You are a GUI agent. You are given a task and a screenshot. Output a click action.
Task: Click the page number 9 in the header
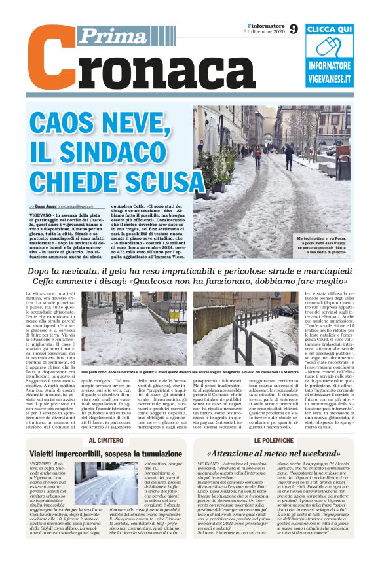[293, 29]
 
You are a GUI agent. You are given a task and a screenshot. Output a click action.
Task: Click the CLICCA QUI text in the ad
[329, 29]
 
